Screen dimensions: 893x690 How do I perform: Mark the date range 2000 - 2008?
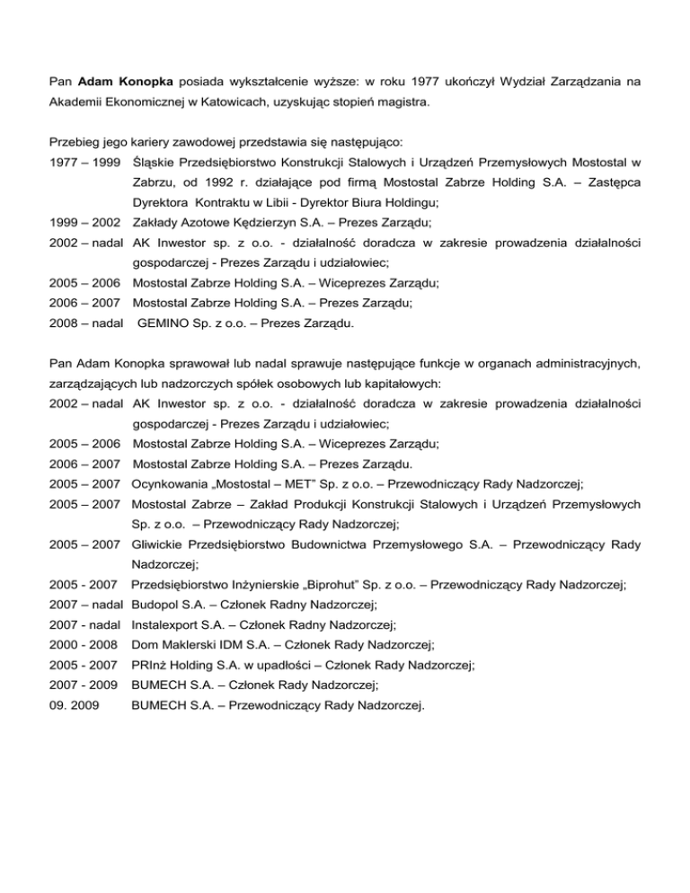82,645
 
